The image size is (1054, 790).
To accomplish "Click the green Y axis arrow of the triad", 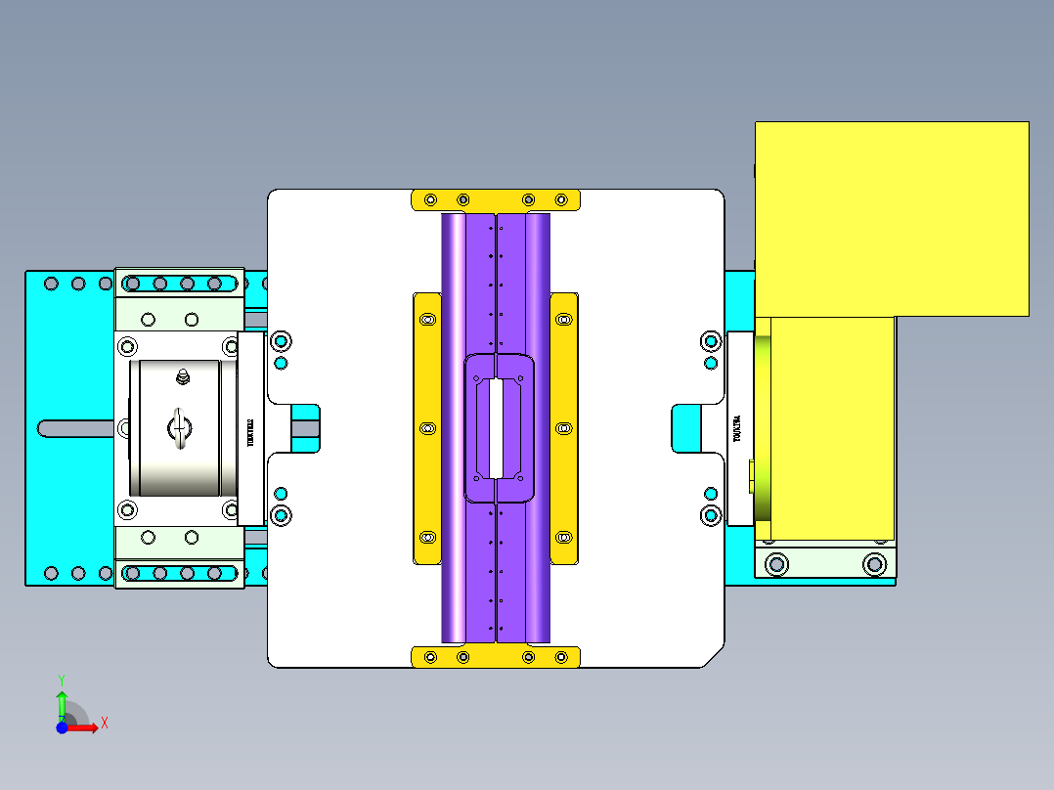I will pyautogui.click(x=62, y=702).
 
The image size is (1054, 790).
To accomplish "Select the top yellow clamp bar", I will pyautogui.click(x=496, y=199).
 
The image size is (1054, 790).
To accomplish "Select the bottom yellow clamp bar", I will pyautogui.click(x=496, y=657).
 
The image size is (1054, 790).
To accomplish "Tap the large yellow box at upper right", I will pyautogui.click(x=891, y=218).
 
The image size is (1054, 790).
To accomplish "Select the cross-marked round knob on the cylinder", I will pyautogui.click(x=180, y=428).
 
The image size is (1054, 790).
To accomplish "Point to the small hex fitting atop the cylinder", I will pyautogui.click(x=181, y=375).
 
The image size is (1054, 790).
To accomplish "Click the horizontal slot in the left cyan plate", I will pyautogui.click(x=78, y=428).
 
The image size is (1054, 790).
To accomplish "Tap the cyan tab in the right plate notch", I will pyautogui.click(x=686, y=428).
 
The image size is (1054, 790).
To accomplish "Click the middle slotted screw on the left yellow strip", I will pyautogui.click(x=426, y=428).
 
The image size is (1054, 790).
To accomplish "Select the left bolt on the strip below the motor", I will pyautogui.click(x=777, y=563).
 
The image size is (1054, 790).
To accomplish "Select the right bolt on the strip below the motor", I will pyautogui.click(x=874, y=563).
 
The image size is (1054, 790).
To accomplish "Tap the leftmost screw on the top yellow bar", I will pyautogui.click(x=430, y=200).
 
